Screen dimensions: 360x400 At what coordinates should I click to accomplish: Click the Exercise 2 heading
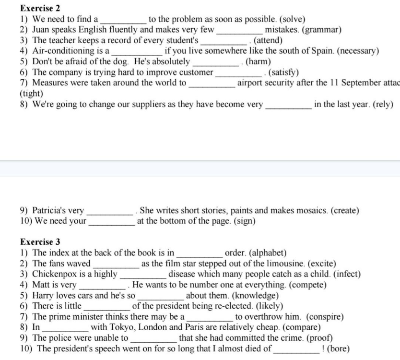40,8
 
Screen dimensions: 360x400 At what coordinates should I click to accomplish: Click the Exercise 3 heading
40,241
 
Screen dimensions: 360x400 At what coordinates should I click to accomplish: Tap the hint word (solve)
292,19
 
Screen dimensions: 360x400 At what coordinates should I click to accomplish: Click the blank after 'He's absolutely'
215,62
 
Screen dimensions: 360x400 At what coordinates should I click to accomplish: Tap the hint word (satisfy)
283,72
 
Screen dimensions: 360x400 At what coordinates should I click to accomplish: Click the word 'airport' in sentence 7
252,83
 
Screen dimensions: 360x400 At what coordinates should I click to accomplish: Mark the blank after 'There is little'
106,306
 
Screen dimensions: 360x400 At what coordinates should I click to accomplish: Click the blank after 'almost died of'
296,349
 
